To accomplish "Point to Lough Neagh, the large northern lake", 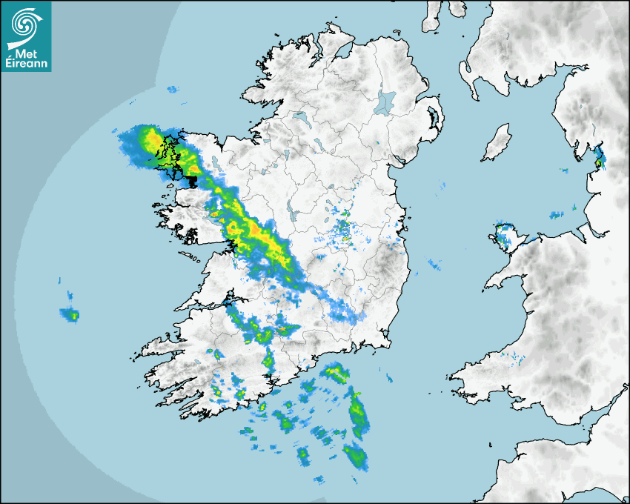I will (385, 102).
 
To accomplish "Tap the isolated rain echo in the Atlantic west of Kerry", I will (71, 315).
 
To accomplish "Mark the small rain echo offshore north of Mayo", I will (173, 90).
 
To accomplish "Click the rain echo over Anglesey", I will (507, 235).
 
